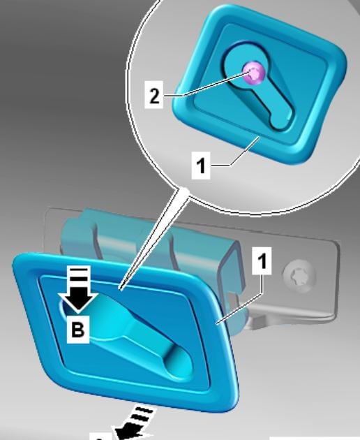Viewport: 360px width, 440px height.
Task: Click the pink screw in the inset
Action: (x=254, y=73)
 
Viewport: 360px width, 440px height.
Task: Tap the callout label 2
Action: (x=154, y=95)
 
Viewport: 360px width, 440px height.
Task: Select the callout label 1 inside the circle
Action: (x=201, y=165)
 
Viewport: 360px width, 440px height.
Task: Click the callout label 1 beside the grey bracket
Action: (x=262, y=261)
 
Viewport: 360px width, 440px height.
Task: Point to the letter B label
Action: (x=78, y=330)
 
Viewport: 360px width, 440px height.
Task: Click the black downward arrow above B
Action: (x=78, y=291)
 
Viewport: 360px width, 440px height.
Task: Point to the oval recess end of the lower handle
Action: (x=179, y=362)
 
